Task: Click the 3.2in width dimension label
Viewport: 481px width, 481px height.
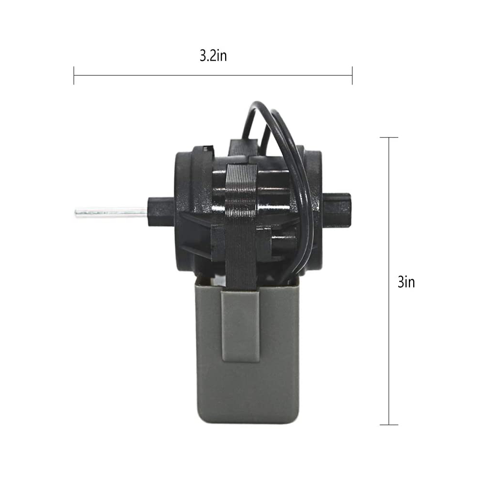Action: click(x=213, y=56)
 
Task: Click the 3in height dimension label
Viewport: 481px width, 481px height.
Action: click(x=406, y=282)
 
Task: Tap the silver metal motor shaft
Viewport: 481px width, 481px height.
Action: click(x=112, y=212)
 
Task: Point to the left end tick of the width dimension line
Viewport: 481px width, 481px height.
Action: click(x=74, y=76)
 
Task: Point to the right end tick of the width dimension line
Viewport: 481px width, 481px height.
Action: click(x=352, y=76)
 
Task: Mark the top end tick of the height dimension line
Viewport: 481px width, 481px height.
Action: click(x=389, y=138)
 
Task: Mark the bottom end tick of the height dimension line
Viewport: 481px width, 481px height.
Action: click(x=389, y=425)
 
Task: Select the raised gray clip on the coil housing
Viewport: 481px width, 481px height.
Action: click(x=240, y=326)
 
